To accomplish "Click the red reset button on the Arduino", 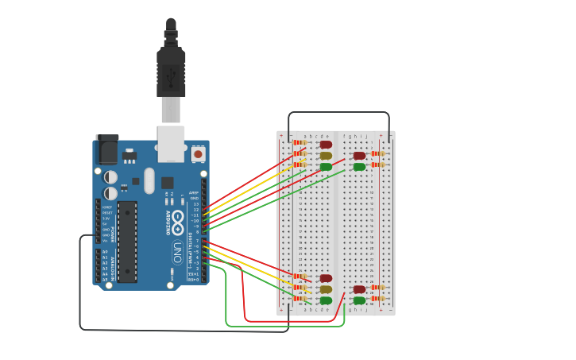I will point(198,154).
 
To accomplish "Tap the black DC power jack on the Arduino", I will point(106,149).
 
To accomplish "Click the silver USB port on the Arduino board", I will point(171,143).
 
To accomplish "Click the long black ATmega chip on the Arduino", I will point(127,241).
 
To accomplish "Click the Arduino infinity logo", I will point(178,219).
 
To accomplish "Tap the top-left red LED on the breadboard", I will point(326,145).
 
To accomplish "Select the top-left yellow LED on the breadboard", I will point(326,156).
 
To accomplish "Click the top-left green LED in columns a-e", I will point(326,167).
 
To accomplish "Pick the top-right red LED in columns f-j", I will point(359,156).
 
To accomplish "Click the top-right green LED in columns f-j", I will point(359,167).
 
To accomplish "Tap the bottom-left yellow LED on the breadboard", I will point(326,289).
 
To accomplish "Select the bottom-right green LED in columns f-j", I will point(359,300).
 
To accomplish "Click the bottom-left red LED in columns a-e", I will point(326,278).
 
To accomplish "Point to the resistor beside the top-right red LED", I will point(378,153).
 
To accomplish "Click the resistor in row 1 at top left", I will point(300,142).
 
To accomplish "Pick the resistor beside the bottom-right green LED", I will point(378,299).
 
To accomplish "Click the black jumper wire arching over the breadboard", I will point(338,113).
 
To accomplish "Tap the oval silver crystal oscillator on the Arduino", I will point(149,180).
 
